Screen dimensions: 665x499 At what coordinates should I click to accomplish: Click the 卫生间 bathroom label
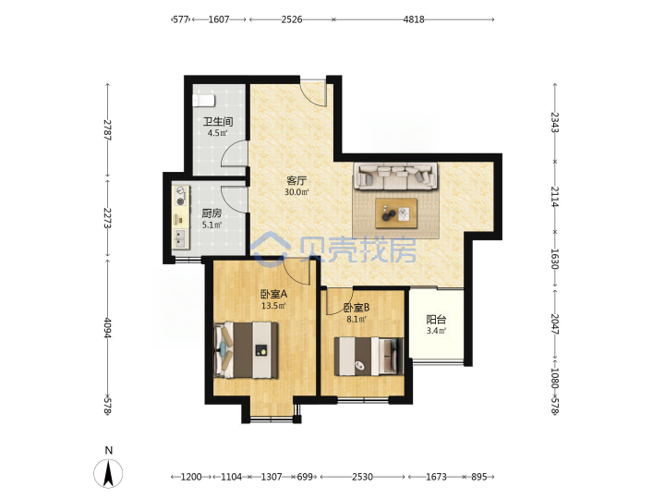click(218, 122)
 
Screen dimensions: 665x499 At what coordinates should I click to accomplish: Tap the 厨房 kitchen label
click(212, 213)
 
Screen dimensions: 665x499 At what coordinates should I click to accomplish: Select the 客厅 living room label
click(296, 181)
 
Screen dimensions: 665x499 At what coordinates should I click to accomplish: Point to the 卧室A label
click(273, 294)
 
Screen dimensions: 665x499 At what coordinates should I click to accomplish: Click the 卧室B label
click(357, 307)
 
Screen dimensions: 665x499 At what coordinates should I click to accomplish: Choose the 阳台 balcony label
click(436, 320)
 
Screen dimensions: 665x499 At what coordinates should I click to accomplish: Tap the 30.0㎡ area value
click(296, 192)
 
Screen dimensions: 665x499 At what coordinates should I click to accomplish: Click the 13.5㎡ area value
click(273, 306)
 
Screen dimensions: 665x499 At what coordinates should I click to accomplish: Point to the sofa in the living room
click(396, 176)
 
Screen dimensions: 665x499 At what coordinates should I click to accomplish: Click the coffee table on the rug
click(396, 213)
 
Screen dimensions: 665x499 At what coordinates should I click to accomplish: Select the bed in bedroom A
click(247, 350)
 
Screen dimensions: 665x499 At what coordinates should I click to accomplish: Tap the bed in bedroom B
click(369, 357)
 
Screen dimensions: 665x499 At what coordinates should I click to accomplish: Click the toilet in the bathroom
click(204, 101)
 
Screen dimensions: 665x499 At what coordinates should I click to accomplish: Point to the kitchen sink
click(181, 238)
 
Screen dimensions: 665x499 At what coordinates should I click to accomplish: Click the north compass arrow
click(109, 473)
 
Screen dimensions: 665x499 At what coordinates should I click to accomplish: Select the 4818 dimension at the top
click(414, 19)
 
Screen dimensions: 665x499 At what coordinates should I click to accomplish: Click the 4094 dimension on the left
click(107, 328)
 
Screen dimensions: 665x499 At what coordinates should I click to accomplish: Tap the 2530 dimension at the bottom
click(363, 477)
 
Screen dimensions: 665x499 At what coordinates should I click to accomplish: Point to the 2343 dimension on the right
click(555, 122)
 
